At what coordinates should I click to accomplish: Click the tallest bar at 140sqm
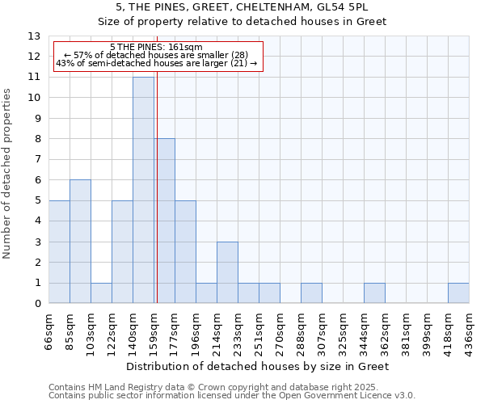click(143, 190)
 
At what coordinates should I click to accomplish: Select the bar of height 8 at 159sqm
click(164, 221)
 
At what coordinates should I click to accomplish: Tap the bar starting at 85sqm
click(80, 242)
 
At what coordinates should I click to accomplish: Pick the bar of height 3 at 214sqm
click(227, 272)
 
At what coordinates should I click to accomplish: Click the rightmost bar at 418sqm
click(458, 293)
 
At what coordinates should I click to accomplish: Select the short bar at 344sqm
click(374, 293)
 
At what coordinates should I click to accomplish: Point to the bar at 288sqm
click(311, 293)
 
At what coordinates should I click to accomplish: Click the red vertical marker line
click(157, 186)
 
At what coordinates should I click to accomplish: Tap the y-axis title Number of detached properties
click(8, 174)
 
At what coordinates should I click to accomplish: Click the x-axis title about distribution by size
click(259, 367)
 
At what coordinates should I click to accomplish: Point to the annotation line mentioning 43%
click(156, 63)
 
